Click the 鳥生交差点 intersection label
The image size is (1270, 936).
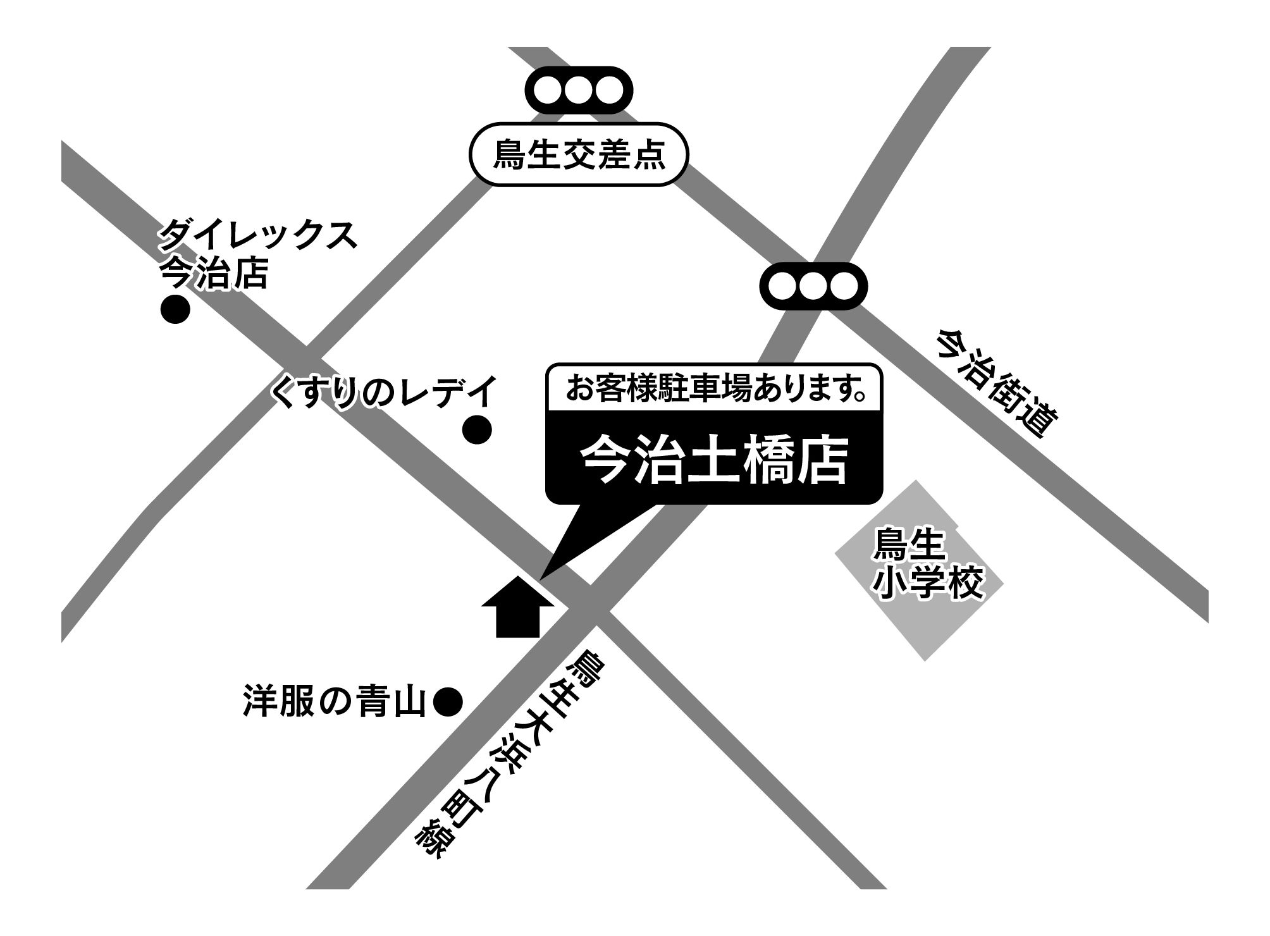pyautogui.click(x=578, y=154)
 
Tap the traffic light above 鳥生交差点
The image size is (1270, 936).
pyautogui.click(x=578, y=90)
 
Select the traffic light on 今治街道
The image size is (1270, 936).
pyautogui.click(x=813, y=286)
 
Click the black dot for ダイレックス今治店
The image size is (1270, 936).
pyautogui.click(x=175, y=310)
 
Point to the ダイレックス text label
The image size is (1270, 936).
pyautogui.click(x=257, y=235)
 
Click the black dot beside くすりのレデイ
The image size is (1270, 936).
pyautogui.click(x=477, y=431)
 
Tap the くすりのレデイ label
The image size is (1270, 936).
pyautogui.click(x=383, y=392)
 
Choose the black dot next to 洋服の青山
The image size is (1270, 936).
pyautogui.click(x=448, y=702)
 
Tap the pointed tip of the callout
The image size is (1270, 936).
pyautogui.click(x=543, y=576)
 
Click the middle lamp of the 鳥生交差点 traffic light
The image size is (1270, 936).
pyautogui.click(x=578, y=90)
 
